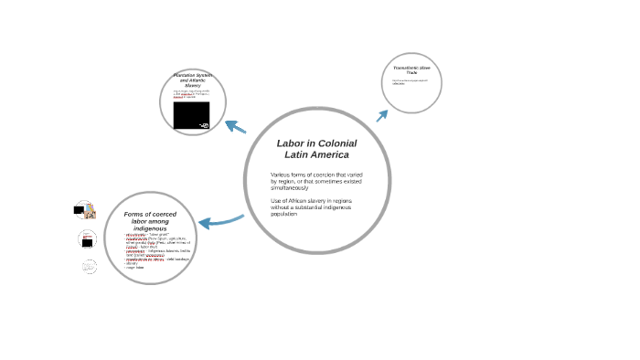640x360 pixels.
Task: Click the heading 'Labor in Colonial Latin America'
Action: click(x=316, y=149)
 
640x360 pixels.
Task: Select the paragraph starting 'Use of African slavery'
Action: click(x=311, y=206)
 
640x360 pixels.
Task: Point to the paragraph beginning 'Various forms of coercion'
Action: click(x=311, y=180)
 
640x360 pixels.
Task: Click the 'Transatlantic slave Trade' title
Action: click(x=411, y=70)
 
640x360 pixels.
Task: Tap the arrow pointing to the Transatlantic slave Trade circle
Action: click(x=382, y=114)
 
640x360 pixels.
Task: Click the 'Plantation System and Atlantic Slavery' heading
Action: click(x=192, y=79)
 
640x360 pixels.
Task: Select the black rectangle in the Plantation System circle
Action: click(x=191, y=115)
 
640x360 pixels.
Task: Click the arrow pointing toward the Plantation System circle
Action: click(x=235, y=126)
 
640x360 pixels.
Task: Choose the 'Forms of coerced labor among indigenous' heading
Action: click(x=150, y=220)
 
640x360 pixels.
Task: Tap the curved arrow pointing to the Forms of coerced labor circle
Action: click(x=219, y=221)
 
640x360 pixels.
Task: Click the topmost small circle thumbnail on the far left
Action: click(x=84, y=210)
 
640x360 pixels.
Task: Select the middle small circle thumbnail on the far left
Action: click(x=87, y=239)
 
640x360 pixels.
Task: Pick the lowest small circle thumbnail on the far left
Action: click(x=89, y=267)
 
